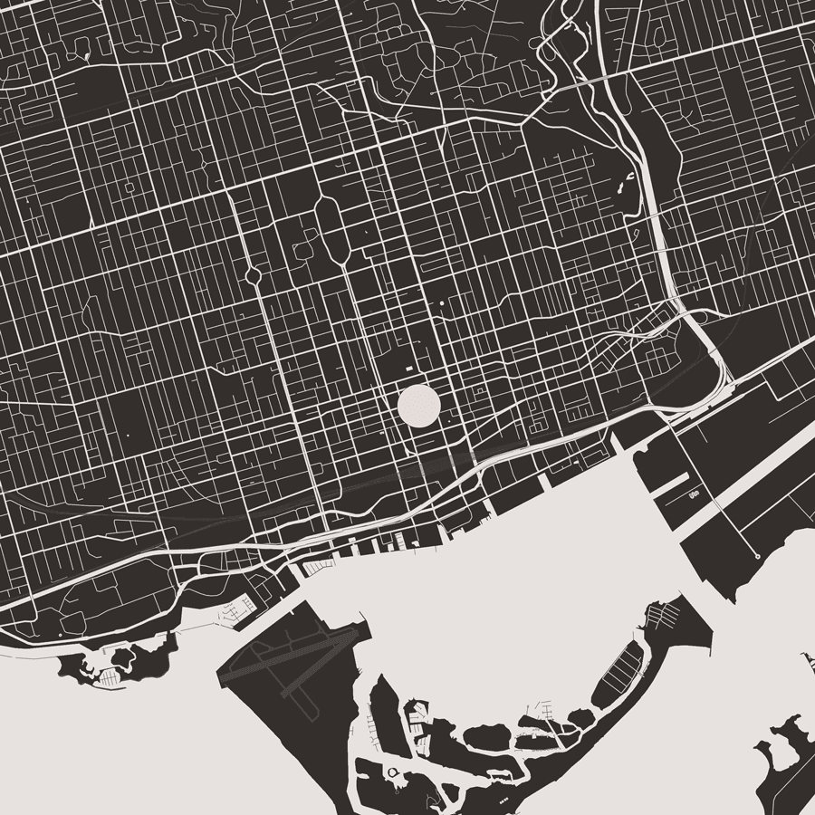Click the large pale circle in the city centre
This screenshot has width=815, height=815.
[418, 405]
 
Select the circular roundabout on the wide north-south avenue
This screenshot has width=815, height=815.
[253, 274]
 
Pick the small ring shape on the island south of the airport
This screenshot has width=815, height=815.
[393, 771]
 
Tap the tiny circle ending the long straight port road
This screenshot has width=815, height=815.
[757, 555]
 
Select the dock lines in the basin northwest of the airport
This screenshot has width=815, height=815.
[234, 612]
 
